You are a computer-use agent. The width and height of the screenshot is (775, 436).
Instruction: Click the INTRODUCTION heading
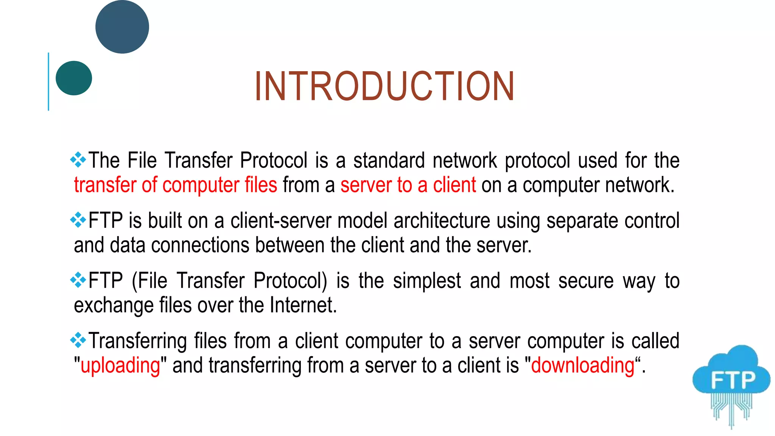384,87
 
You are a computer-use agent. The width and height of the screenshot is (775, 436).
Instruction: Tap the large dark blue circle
122,27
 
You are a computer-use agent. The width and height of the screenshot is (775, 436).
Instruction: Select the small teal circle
74,78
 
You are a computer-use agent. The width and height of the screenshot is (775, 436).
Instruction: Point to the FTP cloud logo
731,382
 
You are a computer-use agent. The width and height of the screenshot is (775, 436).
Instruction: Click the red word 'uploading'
120,366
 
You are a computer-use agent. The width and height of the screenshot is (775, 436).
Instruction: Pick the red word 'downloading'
582,366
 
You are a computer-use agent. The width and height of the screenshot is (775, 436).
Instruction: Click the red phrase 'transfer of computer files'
176,185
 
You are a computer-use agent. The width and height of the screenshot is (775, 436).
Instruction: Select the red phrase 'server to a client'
408,185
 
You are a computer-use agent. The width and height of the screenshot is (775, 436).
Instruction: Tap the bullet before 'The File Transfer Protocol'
78,160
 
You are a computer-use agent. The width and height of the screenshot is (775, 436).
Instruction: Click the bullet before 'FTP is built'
78,220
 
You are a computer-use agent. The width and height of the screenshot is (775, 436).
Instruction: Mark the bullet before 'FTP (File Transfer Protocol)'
78,280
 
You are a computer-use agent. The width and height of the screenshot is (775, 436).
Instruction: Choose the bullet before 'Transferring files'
78,340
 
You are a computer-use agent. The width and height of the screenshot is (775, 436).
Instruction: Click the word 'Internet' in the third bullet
303,305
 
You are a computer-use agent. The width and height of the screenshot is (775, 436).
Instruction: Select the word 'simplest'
427,282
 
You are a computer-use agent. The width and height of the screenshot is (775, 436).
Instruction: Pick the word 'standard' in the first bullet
389,160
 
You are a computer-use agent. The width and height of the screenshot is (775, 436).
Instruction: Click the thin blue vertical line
48,81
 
